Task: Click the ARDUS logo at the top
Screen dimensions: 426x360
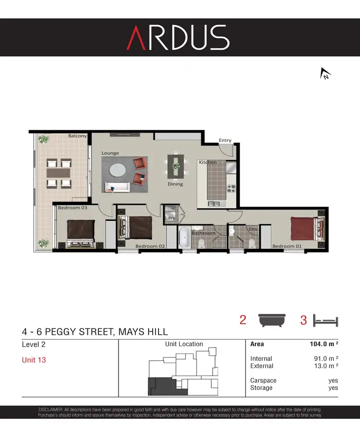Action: click(178, 37)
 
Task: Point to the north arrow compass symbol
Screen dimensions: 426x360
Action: click(325, 73)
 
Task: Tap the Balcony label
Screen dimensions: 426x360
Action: click(77, 136)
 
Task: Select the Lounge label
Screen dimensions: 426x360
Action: click(110, 153)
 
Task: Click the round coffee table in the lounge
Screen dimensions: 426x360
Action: click(118, 170)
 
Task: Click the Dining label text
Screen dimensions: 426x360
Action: click(175, 184)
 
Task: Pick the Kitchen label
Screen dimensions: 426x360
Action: click(208, 162)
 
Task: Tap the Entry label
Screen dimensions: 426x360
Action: click(225, 140)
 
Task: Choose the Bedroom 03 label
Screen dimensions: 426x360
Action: click(72, 208)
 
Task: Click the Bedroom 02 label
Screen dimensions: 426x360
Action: click(150, 246)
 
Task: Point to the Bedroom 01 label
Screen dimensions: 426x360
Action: click(287, 246)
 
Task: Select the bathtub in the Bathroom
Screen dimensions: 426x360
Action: click(184, 238)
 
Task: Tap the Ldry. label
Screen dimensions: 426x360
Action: click(169, 218)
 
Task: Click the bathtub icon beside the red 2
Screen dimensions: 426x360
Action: click(272, 320)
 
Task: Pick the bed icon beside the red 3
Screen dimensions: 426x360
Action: click(325, 320)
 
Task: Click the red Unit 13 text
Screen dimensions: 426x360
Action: click(34, 360)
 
